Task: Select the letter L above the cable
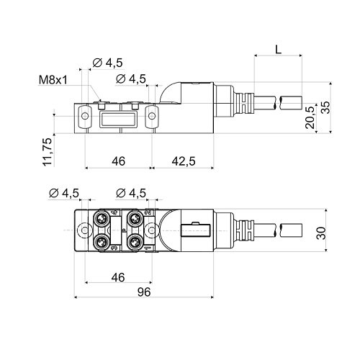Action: [277, 50]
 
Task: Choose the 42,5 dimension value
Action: [184, 161]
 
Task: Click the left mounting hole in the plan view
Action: [85, 230]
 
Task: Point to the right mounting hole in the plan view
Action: [152, 230]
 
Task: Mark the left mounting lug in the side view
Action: [85, 115]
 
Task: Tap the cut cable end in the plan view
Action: [292, 231]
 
